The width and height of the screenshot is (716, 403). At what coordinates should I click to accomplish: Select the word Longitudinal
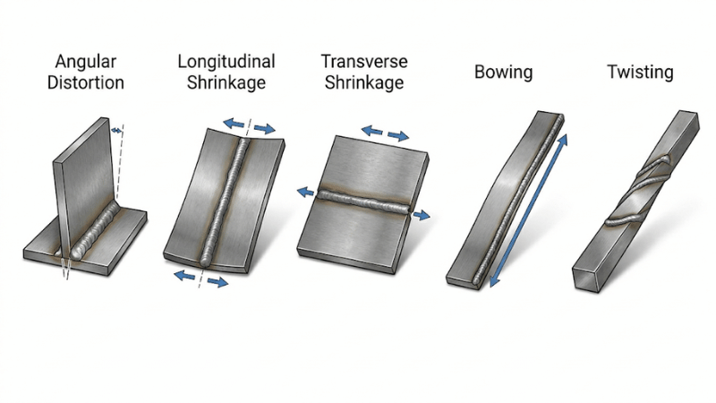(226, 63)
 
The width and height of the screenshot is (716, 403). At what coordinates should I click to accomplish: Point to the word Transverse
(364, 63)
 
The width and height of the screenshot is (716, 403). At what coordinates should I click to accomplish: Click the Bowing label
(504, 72)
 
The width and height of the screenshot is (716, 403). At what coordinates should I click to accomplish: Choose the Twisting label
(639, 72)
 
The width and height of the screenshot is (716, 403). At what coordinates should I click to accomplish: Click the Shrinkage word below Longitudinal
(226, 84)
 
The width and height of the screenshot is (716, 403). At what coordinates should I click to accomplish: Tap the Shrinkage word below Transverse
(364, 84)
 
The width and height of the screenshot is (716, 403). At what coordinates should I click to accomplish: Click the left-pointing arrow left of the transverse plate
(306, 191)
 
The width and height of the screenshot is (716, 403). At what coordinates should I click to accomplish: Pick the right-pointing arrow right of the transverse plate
(421, 215)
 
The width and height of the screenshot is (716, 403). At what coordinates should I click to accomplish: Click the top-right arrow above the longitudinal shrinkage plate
(263, 129)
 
